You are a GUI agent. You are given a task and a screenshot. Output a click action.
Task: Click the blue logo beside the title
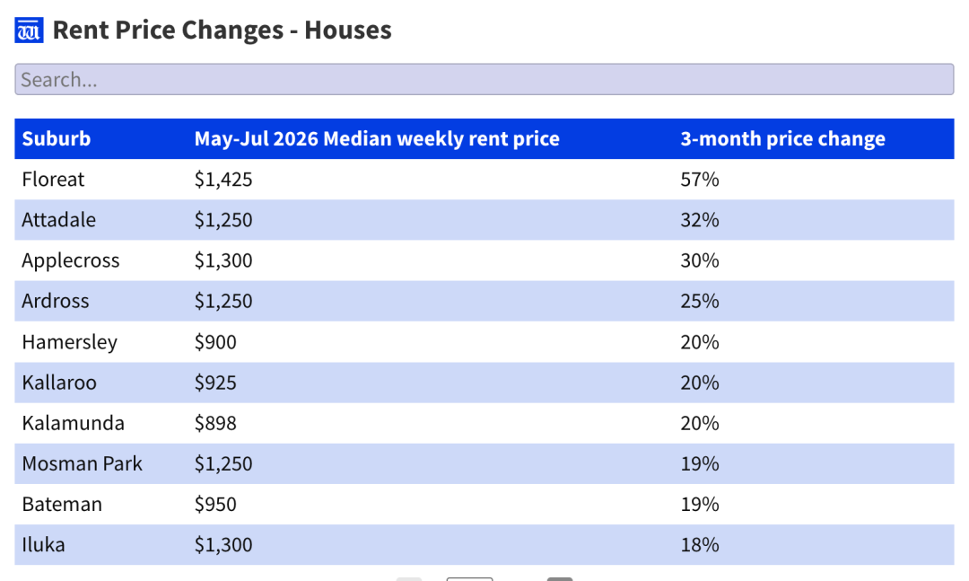point(29,31)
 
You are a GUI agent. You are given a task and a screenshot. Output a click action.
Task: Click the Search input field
point(484,79)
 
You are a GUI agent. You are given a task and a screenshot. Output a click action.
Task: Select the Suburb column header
point(57,138)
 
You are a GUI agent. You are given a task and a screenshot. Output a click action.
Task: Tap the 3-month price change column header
point(782,138)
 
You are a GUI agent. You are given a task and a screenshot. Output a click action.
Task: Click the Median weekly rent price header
point(377,138)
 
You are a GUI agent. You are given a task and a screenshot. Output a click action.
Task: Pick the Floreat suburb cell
point(53,180)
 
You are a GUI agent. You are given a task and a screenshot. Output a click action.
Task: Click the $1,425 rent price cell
point(223,180)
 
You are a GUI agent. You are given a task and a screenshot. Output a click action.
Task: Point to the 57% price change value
point(700,180)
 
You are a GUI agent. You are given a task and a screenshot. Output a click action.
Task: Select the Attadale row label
point(58,220)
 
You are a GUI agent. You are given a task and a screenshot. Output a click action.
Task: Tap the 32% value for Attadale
point(700,220)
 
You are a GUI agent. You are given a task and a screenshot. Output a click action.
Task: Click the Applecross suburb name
point(71,260)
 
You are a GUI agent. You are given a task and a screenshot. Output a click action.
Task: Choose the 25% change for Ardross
point(700,301)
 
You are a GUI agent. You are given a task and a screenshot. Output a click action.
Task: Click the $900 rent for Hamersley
point(215,341)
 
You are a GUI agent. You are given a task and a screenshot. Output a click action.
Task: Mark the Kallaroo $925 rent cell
point(215,383)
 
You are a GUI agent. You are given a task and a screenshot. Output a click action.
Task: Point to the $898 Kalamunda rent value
point(215,423)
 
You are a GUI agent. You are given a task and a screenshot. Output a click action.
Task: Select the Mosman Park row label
point(83,463)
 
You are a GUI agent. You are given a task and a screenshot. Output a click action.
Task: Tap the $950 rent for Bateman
point(215,505)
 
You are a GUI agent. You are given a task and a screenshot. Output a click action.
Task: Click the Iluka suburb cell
point(43,544)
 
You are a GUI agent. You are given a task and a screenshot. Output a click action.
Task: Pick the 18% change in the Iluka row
point(700,544)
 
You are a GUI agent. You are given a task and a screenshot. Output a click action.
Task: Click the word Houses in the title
point(348,30)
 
